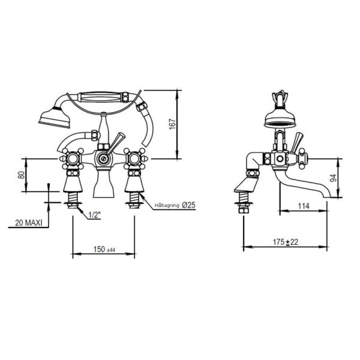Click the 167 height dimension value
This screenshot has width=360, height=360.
(173, 124)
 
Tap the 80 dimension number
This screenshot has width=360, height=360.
(21, 175)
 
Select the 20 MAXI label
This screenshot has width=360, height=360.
(29, 223)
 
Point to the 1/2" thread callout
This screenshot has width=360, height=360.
(95, 215)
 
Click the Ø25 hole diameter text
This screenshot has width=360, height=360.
(188, 205)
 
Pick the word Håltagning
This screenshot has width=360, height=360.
(167, 205)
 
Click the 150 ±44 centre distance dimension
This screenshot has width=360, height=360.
(104, 250)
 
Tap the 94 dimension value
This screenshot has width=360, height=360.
(333, 178)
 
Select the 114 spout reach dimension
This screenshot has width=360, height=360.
(304, 206)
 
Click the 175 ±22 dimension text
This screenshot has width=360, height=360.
(286, 242)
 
